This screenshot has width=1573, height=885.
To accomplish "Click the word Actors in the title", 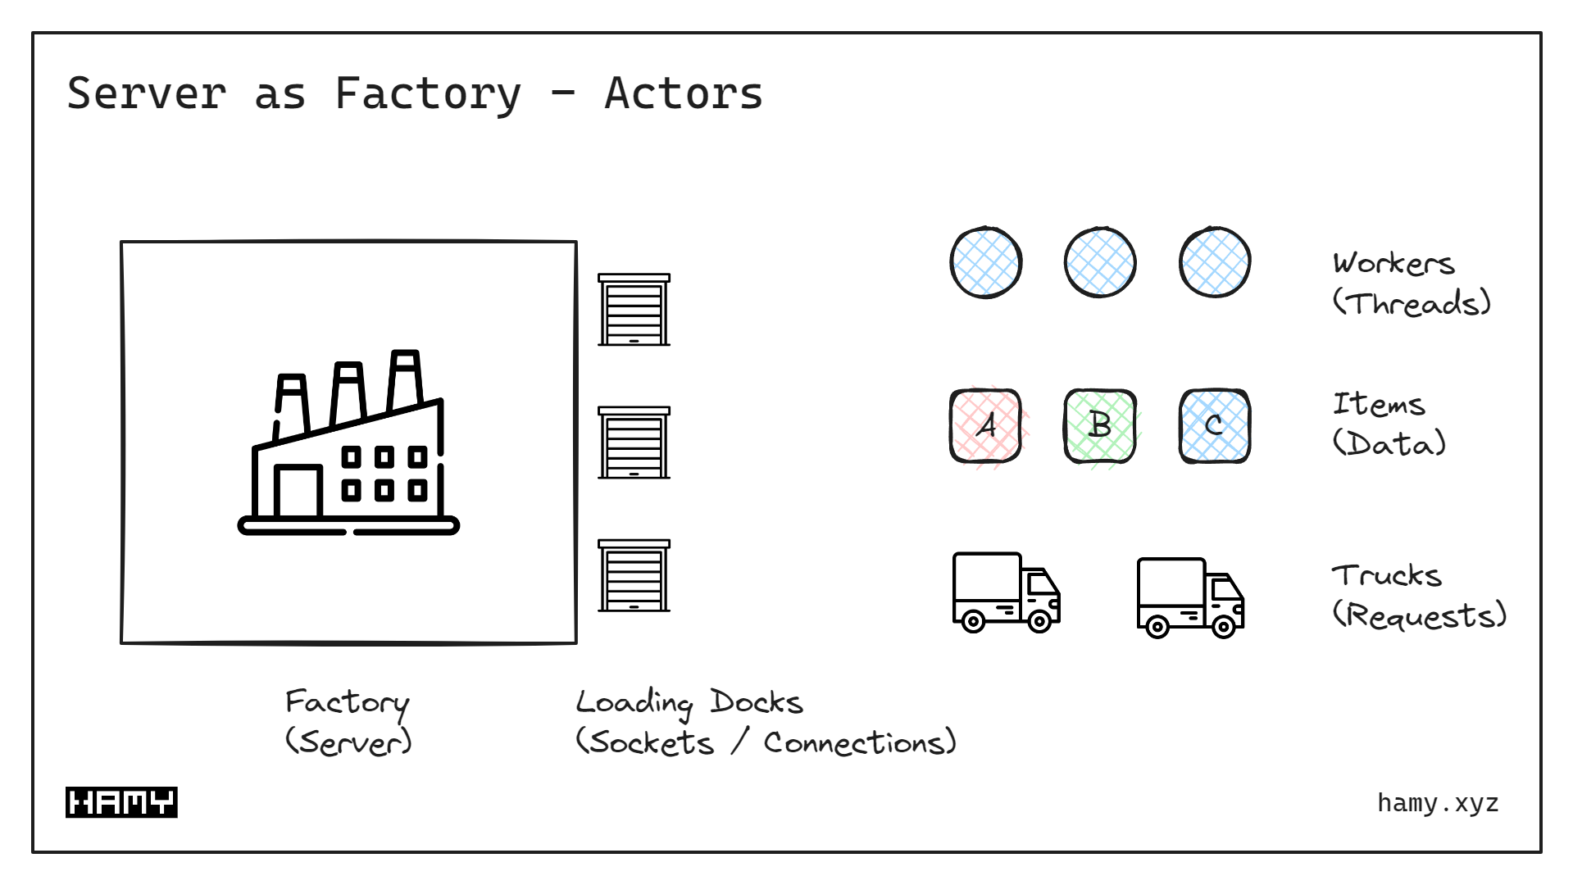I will (x=683, y=93).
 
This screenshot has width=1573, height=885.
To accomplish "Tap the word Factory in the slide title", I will (x=427, y=93).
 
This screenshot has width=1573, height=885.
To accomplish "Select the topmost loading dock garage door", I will (x=634, y=311).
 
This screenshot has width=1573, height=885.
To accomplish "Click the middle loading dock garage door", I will (x=634, y=443).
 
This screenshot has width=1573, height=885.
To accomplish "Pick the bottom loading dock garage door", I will (x=634, y=576).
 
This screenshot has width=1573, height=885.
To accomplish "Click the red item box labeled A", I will (x=985, y=426).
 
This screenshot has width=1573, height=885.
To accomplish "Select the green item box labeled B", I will (x=1100, y=426).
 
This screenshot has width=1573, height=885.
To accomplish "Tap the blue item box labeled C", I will (x=1215, y=426).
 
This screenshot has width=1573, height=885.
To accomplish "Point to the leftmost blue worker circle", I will (x=985, y=262).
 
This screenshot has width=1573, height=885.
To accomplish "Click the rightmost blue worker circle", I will (x=1215, y=262).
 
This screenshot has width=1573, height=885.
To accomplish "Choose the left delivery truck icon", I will (x=1006, y=592).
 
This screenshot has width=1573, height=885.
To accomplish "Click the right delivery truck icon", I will (x=1190, y=597).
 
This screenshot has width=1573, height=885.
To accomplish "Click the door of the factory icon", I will (x=298, y=492).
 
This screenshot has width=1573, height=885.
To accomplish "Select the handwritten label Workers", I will (x=1393, y=264).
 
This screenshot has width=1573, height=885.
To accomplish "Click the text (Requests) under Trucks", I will (x=1419, y=615).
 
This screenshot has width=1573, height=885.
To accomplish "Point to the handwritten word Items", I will (x=1379, y=404).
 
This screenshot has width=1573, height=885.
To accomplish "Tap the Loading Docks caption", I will (x=689, y=702).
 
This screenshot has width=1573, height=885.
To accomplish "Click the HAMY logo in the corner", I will (x=121, y=802).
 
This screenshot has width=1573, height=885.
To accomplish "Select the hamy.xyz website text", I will (x=1438, y=803).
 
